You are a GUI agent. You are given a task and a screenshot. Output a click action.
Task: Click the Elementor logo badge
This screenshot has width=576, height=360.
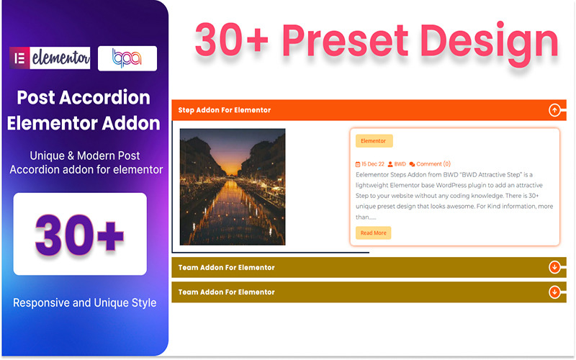pyautogui.click(x=50, y=58)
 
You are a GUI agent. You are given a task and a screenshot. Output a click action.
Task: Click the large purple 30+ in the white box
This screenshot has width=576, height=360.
pyautogui.click(x=80, y=234)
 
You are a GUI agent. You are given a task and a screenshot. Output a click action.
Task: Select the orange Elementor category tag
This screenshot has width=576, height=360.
pyautogui.click(x=374, y=141)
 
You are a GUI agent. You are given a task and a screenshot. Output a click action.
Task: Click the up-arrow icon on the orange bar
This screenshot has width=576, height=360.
pyautogui.click(x=554, y=110)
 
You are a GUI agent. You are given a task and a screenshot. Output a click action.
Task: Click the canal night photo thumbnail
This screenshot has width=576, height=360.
pyautogui.click(x=232, y=186)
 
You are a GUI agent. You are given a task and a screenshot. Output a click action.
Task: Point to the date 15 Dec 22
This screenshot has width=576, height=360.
pyautogui.click(x=373, y=164)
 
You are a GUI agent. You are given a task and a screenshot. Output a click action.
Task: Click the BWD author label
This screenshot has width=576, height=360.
pyautogui.click(x=400, y=164)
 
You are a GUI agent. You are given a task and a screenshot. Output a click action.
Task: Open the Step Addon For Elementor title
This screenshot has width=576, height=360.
pyautogui.click(x=225, y=110)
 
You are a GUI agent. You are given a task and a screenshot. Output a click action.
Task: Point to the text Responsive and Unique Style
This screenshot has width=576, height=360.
pyautogui.click(x=84, y=302)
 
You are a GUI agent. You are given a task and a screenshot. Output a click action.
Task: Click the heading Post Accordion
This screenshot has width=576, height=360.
pyautogui.click(x=84, y=97)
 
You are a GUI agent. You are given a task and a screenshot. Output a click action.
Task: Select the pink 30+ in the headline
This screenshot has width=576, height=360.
pyautogui.click(x=231, y=40)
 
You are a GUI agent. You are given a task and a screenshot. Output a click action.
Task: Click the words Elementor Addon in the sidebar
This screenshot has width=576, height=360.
pyautogui.click(x=84, y=123)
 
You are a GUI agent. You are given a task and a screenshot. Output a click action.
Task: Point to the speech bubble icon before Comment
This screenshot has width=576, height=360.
pyautogui.click(x=412, y=164)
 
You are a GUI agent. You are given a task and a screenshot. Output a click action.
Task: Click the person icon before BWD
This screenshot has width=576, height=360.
pyautogui.click(x=390, y=164)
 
